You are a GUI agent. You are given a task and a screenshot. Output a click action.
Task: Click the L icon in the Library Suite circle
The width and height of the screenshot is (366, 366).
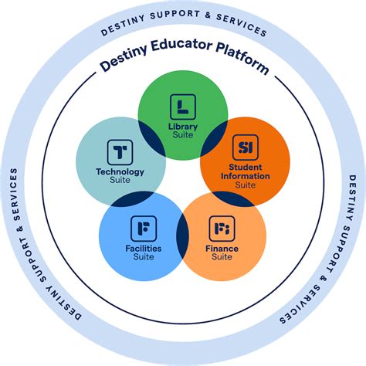pos(183,107)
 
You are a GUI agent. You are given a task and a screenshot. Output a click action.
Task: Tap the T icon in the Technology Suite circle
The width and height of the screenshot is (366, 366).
pos(120,152)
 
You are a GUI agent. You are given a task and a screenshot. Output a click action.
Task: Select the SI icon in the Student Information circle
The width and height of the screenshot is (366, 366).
pos(246,147)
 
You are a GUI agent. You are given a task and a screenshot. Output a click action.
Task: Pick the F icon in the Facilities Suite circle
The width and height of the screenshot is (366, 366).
pos(144,229)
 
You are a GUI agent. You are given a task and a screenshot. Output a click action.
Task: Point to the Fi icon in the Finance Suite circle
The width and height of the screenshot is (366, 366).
pos(222,229)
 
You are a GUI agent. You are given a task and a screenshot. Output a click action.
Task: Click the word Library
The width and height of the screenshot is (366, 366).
pos(183,127)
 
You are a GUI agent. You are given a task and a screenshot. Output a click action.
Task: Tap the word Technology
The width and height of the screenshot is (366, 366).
pos(120,172)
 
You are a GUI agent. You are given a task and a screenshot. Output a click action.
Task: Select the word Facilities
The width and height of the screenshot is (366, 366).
pos(144,249)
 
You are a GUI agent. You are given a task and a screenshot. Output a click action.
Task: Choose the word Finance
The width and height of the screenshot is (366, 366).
pos(222,249)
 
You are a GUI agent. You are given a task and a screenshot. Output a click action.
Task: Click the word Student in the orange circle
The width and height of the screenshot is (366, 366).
pos(246,167)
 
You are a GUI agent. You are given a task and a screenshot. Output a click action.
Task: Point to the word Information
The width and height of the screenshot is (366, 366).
pos(246,176)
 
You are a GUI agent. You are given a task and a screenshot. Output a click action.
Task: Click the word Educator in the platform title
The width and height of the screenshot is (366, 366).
pos(181,46)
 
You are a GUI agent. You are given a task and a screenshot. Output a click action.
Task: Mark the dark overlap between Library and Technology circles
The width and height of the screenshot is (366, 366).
pos(152,138)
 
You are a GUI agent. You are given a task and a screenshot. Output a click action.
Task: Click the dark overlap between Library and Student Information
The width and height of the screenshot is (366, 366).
pos(214,138)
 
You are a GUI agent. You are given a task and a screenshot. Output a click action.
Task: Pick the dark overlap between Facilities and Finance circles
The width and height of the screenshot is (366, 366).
pos(182,236)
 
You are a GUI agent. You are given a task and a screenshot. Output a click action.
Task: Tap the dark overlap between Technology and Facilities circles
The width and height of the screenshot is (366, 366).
pos(132,198)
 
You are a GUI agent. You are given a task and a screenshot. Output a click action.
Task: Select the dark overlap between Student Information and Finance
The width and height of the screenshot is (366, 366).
pos(233,198)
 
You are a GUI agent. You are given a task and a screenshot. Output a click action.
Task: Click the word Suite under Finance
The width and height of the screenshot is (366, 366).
pos(222,257)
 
